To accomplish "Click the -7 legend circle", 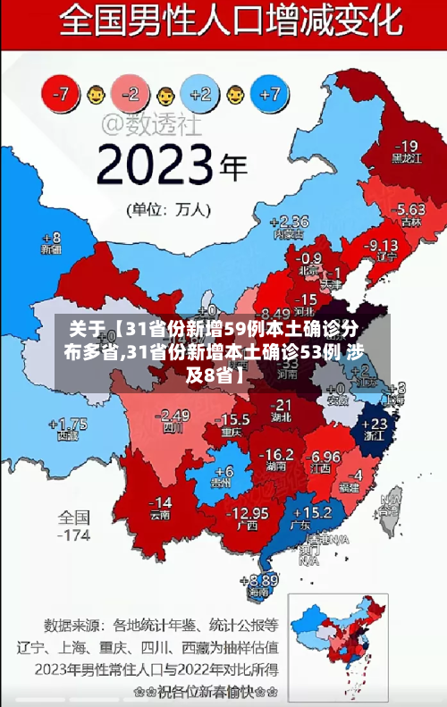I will [x=62, y=92].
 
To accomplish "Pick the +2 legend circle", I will [x=200, y=92].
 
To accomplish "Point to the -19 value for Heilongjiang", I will [x=406, y=146].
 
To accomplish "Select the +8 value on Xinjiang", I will [x=51, y=238].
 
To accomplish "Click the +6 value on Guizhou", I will [x=223, y=470].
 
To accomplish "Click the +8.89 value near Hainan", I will [x=260, y=579].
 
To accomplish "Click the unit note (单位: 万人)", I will [x=170, y=211].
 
